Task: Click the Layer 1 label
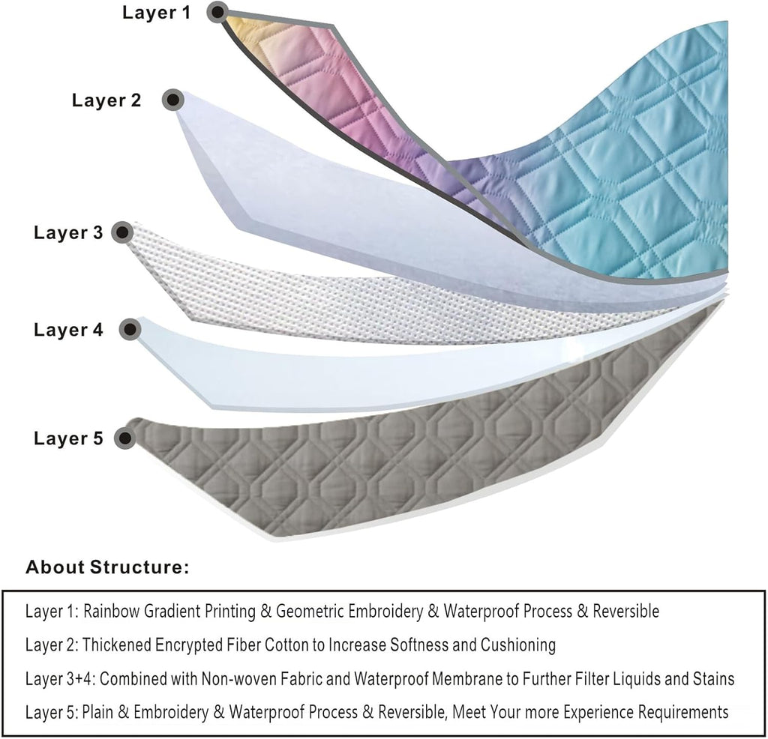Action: [157, 13]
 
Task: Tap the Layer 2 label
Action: [106, 100]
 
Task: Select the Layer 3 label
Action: [68, 232]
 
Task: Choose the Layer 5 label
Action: [68, 438]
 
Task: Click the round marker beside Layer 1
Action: [218, 11]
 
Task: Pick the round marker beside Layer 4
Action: [130, 328]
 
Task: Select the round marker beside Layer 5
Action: [121, 438]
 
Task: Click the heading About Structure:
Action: [107, 567]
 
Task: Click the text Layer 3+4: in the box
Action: [59, 679]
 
